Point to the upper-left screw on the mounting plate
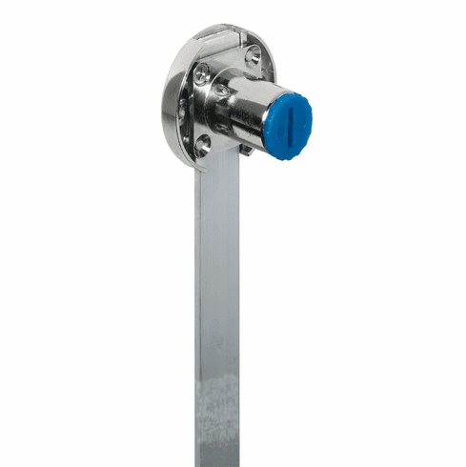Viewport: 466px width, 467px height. [202, 72]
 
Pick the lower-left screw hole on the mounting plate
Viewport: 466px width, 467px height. [201, 143]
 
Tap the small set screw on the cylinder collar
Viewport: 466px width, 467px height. [221, 92]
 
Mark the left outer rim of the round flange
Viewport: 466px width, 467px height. [168, 105]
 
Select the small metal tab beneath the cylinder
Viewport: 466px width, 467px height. [247, 148]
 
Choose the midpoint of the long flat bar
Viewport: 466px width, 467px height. [217, 315]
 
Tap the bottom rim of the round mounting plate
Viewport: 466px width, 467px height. [195, 164]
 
